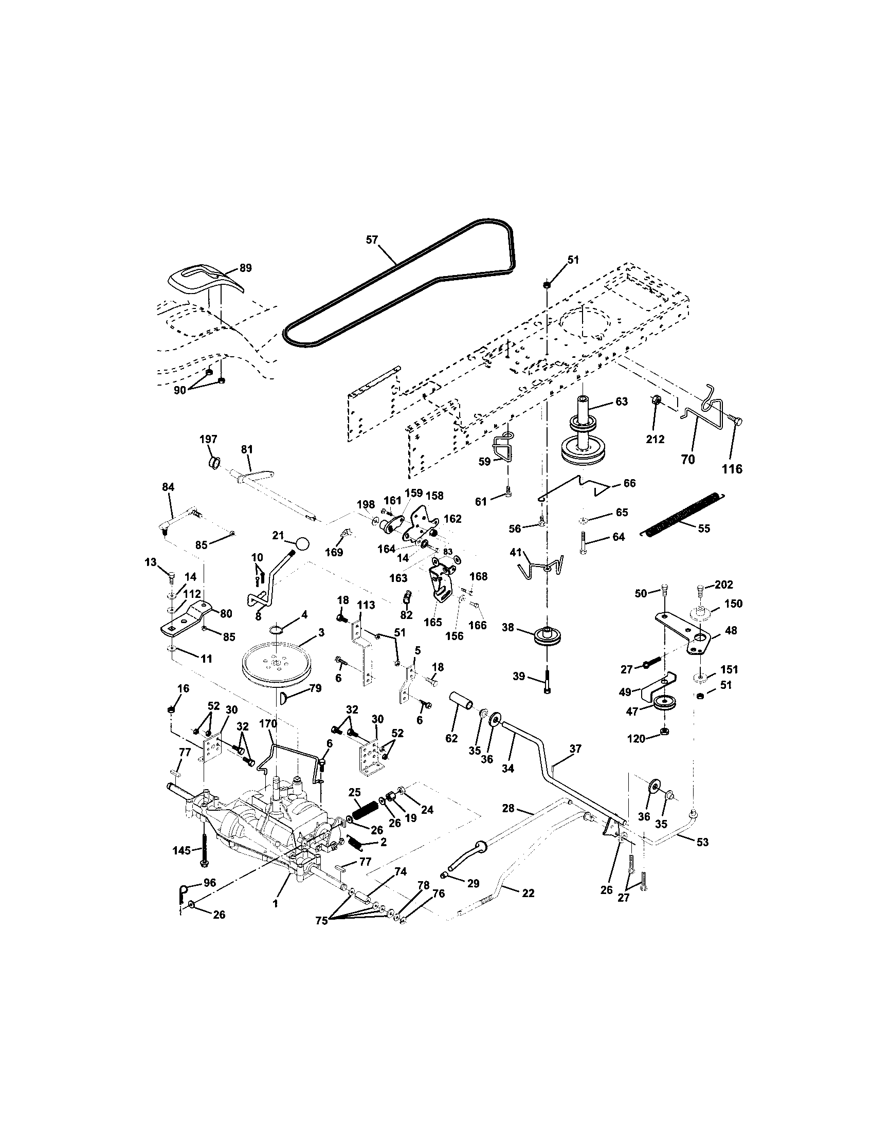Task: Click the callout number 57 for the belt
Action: (x=372, y=239)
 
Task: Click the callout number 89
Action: (x=245, y=268)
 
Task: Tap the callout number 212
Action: (x=655, y=439)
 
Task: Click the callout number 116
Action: (x=732, y=469)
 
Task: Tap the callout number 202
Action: (x=723, y=585)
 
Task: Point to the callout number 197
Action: (x=208, y=439)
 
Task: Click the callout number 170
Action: (x=268, y=723)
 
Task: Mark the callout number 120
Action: (x=637, y=738)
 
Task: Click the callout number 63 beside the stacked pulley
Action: (x=622, y=402)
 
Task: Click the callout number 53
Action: (x=702, y=842)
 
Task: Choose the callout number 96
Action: (x=209, y=883)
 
